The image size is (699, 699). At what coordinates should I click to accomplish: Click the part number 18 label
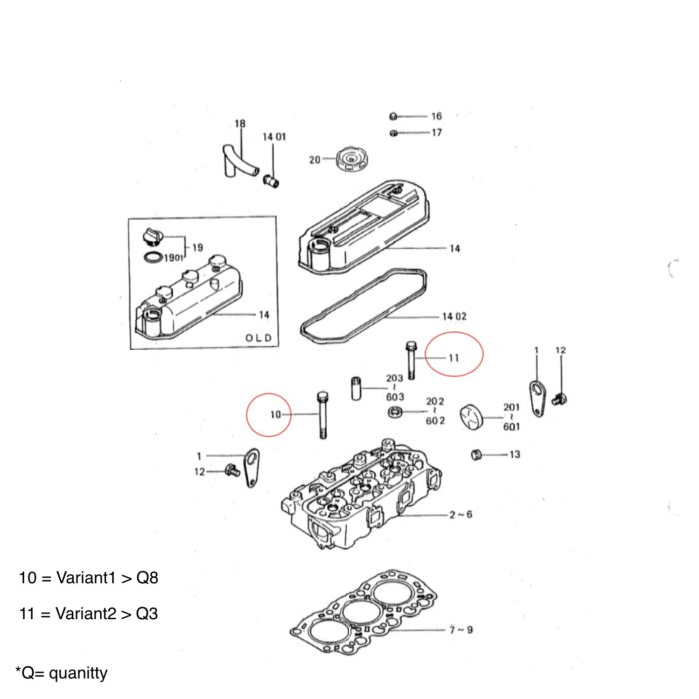(239, 124)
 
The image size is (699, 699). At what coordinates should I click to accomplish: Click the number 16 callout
(436, 116)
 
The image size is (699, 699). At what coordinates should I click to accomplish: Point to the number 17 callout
(436, 132)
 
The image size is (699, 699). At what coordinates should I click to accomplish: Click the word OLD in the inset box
(258, 338)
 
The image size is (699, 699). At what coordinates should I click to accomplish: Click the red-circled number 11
(454, 357)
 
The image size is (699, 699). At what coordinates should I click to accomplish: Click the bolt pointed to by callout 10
(322, 412)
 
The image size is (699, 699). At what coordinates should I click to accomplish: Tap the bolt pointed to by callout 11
(410, 360)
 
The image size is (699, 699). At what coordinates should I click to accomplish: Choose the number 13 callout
(514, 454)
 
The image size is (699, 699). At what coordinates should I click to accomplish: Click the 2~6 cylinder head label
(460, 515)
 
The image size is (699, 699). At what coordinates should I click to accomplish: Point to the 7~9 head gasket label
(460, 630)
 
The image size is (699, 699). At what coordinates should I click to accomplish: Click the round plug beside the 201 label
(472, 417)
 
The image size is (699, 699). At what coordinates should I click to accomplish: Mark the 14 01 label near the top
(275, 136)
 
